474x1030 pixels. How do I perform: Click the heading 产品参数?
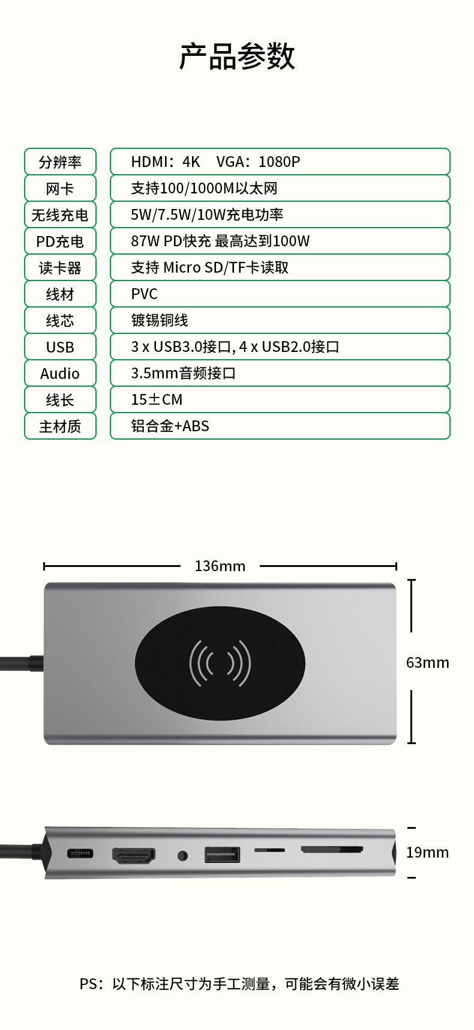click(237, 56)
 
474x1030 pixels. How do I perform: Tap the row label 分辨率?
click(60, 162)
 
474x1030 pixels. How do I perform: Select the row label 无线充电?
click(60, 215)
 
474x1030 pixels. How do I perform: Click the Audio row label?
click(60, 374)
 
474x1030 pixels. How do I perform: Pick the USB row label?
click(60, 347)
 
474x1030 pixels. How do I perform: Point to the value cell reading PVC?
click(280, 294)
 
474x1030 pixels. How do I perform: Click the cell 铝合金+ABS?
click(280, 426)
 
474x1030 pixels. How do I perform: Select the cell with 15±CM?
click(280, 399)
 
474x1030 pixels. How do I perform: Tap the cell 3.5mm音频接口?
click(280, 373)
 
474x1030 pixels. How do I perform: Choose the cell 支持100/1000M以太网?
click(280, 188)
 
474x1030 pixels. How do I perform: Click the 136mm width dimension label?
click(220, 566)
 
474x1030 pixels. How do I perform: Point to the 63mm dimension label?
click(427, 662)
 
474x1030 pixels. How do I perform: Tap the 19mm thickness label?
click(427, 852)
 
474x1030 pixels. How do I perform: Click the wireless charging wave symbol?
click(220, 663)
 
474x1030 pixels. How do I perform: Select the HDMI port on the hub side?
click(134, 855)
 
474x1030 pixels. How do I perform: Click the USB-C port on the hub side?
click(80, 853)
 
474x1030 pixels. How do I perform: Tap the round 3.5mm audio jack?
click(182, 855)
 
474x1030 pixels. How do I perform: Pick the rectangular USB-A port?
click(222, 854)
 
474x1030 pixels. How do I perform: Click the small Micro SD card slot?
click(269, 850)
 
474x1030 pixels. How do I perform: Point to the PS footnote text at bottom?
click(239, 984)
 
